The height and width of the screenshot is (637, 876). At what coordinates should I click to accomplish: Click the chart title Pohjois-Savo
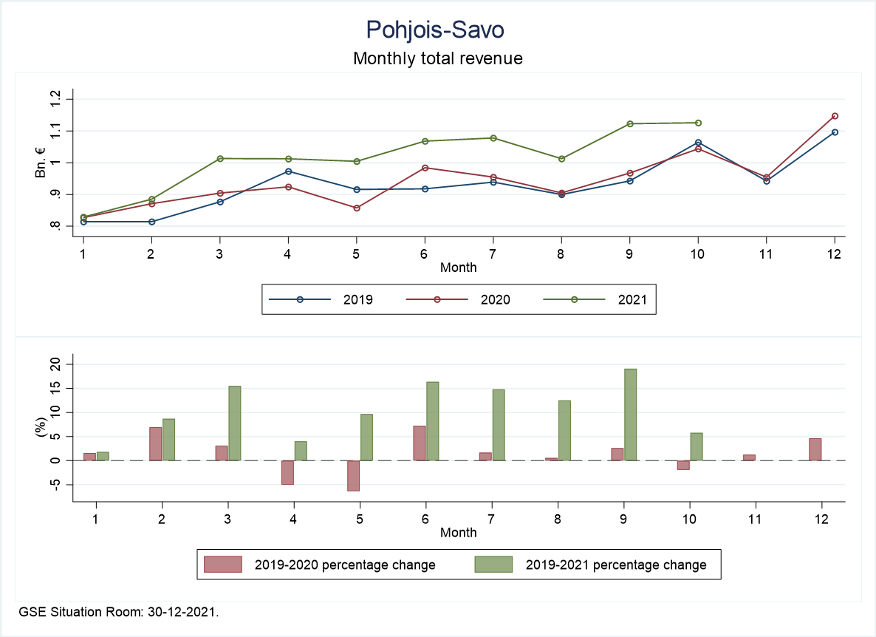pyautogui.click(x=437, y=30)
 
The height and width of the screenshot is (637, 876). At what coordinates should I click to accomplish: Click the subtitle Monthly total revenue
pyautogui.click(x=437, y=58)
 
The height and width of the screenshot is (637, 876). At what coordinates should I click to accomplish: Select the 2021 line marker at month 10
pyautogui.click(x=698, y=123)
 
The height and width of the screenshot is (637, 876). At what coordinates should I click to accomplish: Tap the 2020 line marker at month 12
pyautogui.click(x=835, y=116)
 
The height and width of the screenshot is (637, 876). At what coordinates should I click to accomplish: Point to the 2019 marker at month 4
pyautogui.click(x=288, y=171)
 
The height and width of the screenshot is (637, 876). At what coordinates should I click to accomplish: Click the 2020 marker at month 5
pyautogui.click(x=357, y=208)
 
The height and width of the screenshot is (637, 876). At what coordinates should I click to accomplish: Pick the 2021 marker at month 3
pyautogui.click(x=220, y=158)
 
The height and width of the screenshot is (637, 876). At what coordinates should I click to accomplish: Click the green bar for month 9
pyautogui.click(x=630, y=415)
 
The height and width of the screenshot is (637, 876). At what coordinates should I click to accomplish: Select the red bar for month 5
pyautogui.click(x=353, y=475)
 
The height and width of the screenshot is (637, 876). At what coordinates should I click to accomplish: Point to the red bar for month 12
pyautogui.click(x=815, y=449)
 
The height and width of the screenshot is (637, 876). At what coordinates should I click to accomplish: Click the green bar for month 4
pyautogui.click(x=300, y=451)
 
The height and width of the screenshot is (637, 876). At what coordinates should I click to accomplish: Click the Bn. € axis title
pyautogui.click(x=40, y=162)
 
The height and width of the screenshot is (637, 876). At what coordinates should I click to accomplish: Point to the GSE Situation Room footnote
pyautogui.click(x=119, y=613)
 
